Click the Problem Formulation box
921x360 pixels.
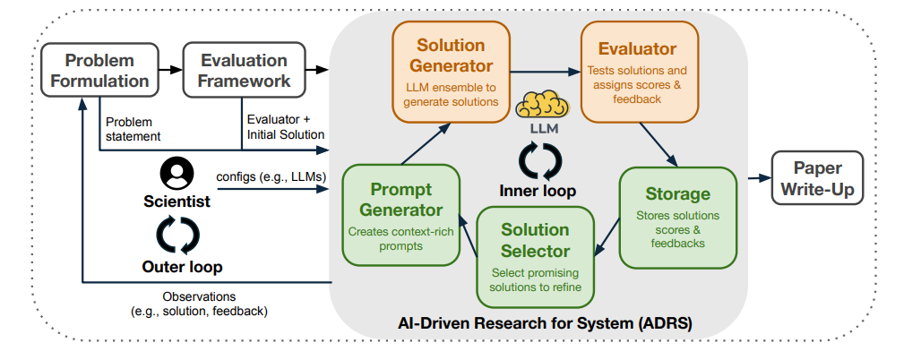99,70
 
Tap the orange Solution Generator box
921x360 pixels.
451,73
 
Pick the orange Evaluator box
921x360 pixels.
639,73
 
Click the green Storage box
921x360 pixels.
678,218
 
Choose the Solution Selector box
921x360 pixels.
535,257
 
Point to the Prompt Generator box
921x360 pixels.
400,215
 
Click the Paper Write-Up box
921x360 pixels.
817,178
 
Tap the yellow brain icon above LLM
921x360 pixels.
542,105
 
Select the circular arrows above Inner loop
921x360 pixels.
539,161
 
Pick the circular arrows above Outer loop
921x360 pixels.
177,236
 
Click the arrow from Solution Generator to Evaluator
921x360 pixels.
545,73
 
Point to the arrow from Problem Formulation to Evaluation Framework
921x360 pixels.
171,70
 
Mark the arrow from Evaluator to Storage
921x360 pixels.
659,144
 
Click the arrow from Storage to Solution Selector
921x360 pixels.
607,236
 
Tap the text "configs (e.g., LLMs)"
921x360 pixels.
271,176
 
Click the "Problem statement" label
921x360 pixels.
133,129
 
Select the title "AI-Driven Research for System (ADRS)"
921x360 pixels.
545,323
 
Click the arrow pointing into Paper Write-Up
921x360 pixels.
759,178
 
